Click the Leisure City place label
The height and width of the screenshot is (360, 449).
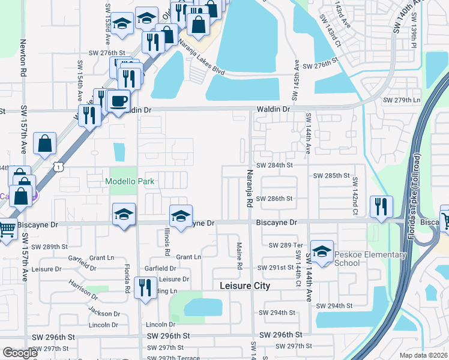tap(245, 286)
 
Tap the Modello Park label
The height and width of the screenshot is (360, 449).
tap(130, 181)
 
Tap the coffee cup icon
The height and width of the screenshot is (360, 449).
tap(119, 101)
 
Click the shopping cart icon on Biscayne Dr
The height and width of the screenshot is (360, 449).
tap(7, 229)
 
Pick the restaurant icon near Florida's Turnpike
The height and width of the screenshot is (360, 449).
tap(381, 207)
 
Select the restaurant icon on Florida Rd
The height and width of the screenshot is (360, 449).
tap(146, 289)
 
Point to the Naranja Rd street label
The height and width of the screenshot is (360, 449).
tap(249, 189)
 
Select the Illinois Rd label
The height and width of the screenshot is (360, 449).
tap(167, 244)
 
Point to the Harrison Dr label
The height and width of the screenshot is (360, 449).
tap(82, 290)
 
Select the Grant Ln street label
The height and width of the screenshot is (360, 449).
tap(188, 257)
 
